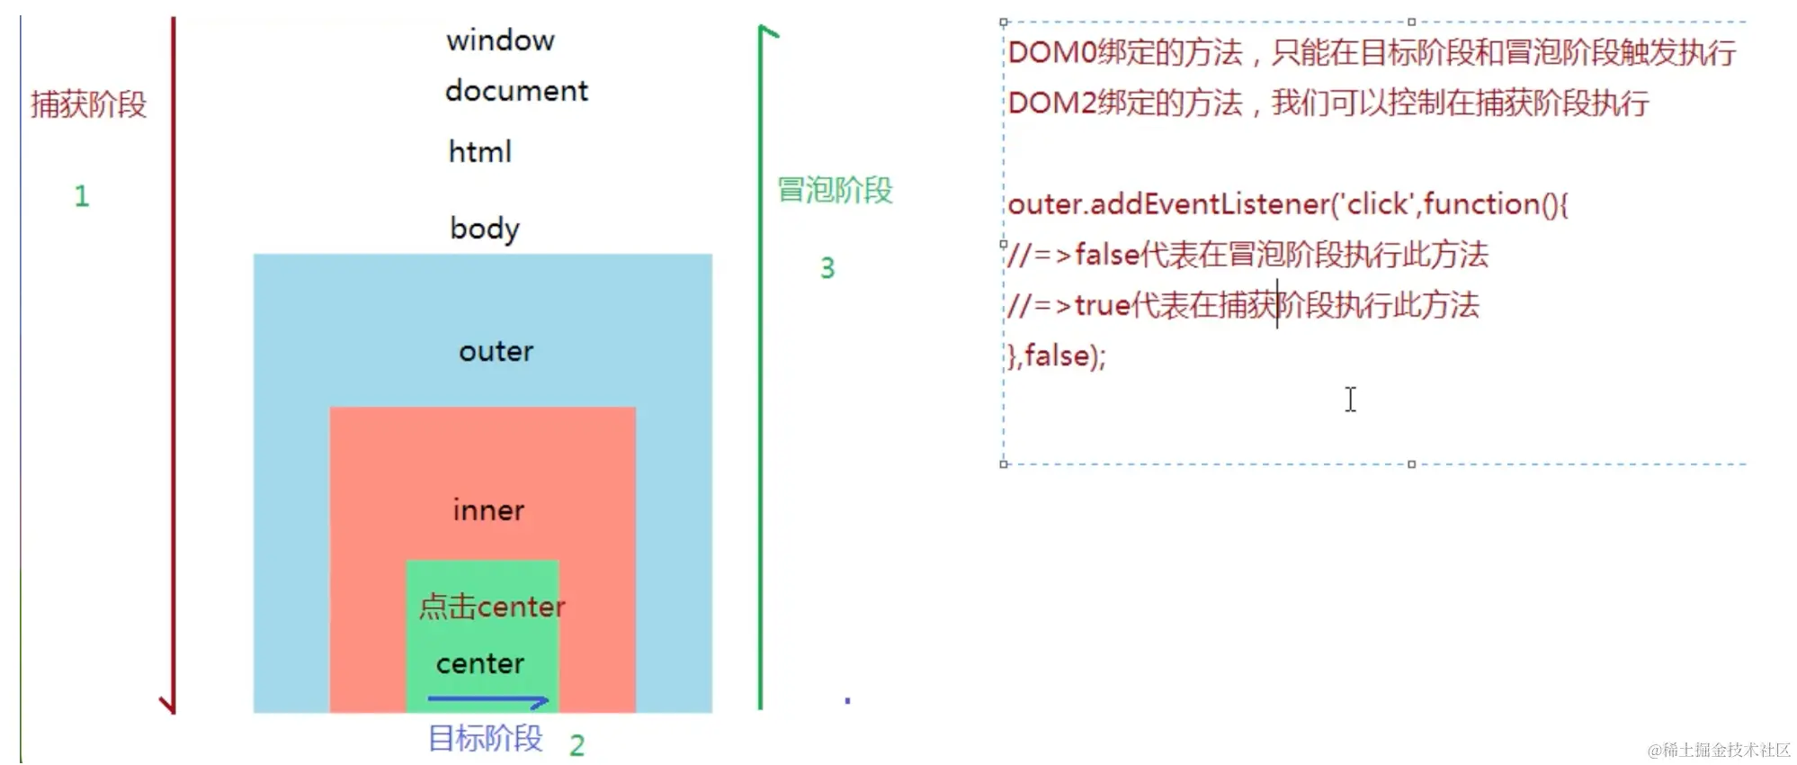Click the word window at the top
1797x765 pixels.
click(500, 40)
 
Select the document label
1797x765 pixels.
click(516, 91)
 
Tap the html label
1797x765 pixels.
click(479, 151)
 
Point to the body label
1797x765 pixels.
click(485, 229)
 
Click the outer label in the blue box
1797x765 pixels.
click(496, 351)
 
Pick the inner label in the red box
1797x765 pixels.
click(488, 510)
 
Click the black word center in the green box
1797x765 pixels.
click(479, 664)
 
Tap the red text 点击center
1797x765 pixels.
click(491, 607)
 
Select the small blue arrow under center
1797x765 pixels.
click(488, 699)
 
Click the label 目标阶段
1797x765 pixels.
click(486, 738)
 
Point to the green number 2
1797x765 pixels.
click(577, 745)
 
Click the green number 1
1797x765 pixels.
click(82, 196)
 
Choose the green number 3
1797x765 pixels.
click(827, 268)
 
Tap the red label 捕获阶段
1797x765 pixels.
click(88, 104)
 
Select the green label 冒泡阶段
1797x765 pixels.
click(835, 190)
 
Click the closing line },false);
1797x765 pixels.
click(1056, 356)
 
